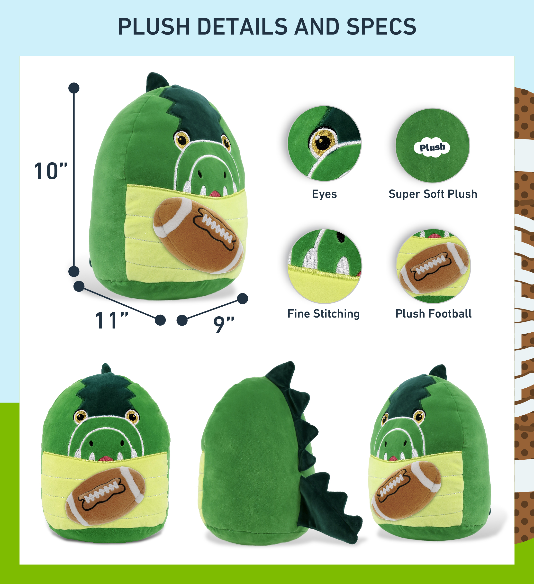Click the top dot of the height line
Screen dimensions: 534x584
coord(74,88)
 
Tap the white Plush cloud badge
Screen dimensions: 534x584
coord(432,147)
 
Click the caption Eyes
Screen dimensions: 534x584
coord(324,194)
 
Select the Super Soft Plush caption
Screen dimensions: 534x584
coord(433,194)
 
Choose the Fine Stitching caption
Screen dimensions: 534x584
coord(324,313)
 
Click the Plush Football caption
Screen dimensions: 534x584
coord(434,313)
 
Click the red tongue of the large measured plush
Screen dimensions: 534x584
coord(215,194)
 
